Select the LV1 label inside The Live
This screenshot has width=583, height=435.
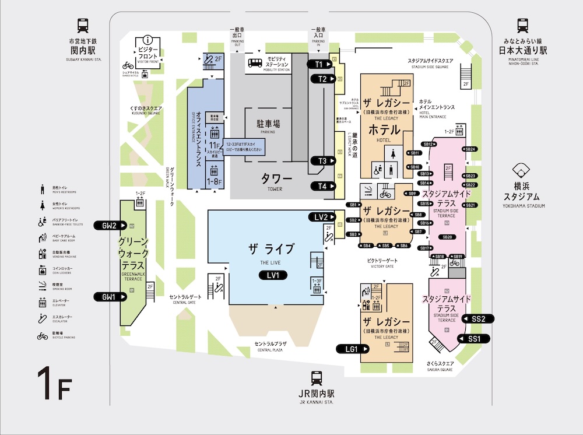(273, 275)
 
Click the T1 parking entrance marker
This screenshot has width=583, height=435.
(320, 64)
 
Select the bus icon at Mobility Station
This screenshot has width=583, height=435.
(255, 63)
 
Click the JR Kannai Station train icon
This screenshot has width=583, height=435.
(317, 378)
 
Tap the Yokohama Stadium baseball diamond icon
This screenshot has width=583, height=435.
(519, 171)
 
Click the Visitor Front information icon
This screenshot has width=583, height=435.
(149, 40)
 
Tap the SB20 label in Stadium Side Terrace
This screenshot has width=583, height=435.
(447, 237)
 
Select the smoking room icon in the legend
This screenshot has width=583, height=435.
(42, 287)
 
